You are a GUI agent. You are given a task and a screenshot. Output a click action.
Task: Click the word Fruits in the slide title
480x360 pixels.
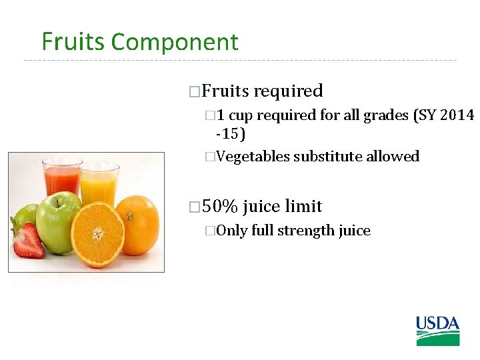73,42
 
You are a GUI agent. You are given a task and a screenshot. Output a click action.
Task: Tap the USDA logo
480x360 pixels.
437,331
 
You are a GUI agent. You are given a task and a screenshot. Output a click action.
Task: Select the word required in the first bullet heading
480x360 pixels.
289,91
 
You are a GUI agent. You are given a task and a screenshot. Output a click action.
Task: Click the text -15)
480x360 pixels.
231,134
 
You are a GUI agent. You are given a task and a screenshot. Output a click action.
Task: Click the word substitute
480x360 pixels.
327,157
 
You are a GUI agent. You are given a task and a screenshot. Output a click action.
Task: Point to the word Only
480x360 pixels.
232,231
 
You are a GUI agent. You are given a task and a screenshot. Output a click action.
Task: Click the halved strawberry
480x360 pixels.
29,241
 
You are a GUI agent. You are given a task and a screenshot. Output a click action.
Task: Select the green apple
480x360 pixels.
58,223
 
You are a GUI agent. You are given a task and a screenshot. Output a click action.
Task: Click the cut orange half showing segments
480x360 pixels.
98,234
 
